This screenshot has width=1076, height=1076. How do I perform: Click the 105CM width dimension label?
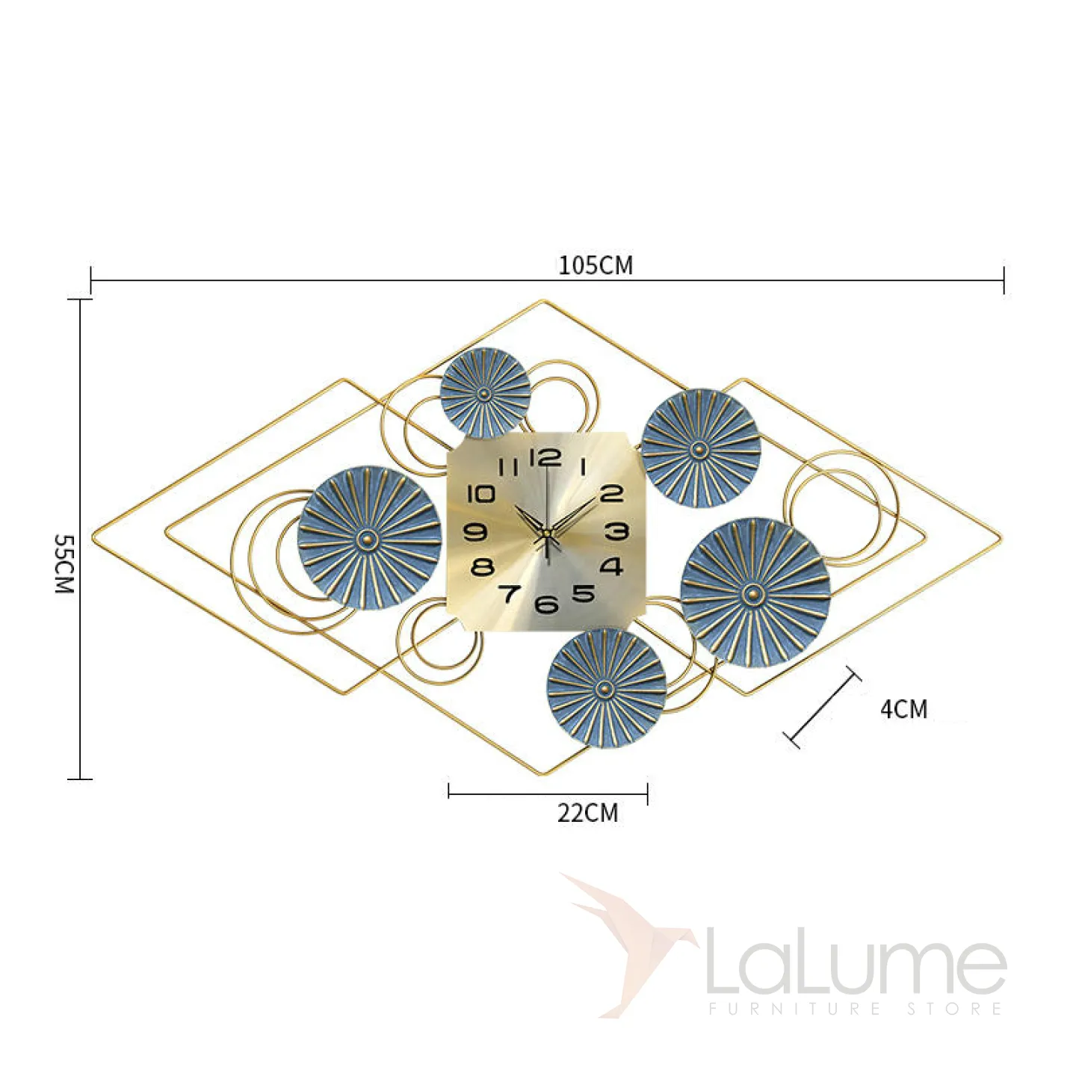coord(596,265)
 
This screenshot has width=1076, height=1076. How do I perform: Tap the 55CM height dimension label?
coord(64,563)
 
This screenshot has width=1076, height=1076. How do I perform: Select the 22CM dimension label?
coord(587,812)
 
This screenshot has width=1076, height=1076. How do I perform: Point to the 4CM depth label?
coord(904,709)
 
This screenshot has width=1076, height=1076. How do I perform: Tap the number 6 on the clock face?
coord(547,604)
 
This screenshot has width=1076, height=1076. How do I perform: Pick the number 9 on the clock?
coord(476,532)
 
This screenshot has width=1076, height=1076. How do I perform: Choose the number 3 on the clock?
coord(616,531)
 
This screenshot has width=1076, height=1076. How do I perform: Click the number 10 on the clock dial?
coord(480,494)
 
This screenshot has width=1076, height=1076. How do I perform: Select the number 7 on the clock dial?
coord(509,593)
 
